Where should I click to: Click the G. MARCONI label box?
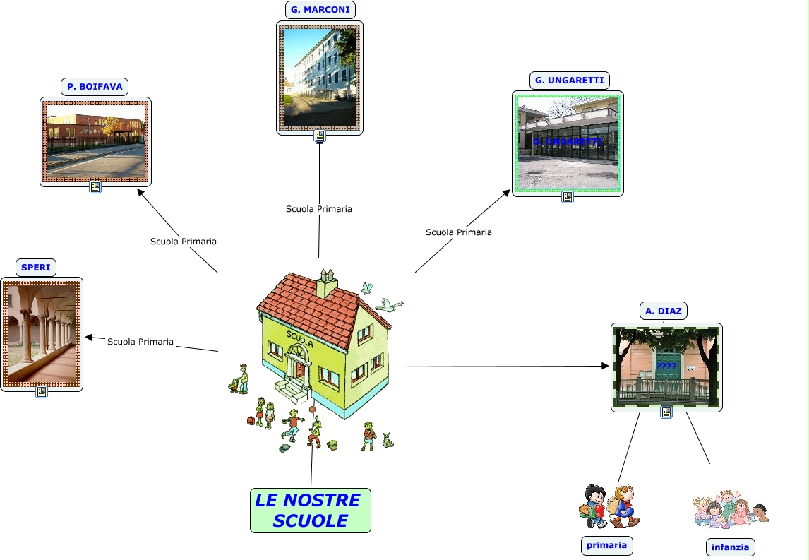pos(320,10)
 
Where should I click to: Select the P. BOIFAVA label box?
pos(95,87)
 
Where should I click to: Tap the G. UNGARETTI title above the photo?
pos(569,81)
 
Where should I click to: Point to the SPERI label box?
pos(36,268)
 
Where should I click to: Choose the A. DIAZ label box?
pos(664,311)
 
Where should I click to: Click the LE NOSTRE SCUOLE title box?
pos(310,510)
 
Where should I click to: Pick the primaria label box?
pos(606,545)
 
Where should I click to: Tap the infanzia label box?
pos(730,547)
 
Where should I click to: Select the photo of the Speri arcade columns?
pos(41,334)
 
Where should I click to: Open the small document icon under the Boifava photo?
pos(95,188)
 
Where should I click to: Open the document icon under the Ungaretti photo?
pos(567,197)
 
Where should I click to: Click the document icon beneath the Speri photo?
pos(42,392)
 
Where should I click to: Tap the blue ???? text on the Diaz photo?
pos(666,367)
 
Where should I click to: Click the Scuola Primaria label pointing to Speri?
pos(140,342)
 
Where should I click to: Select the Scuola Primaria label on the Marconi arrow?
pos(318,209)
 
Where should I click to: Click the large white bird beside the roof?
pos(388,304)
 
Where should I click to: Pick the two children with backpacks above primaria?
pos(609,506)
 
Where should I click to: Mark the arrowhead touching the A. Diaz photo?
pos(604,366)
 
